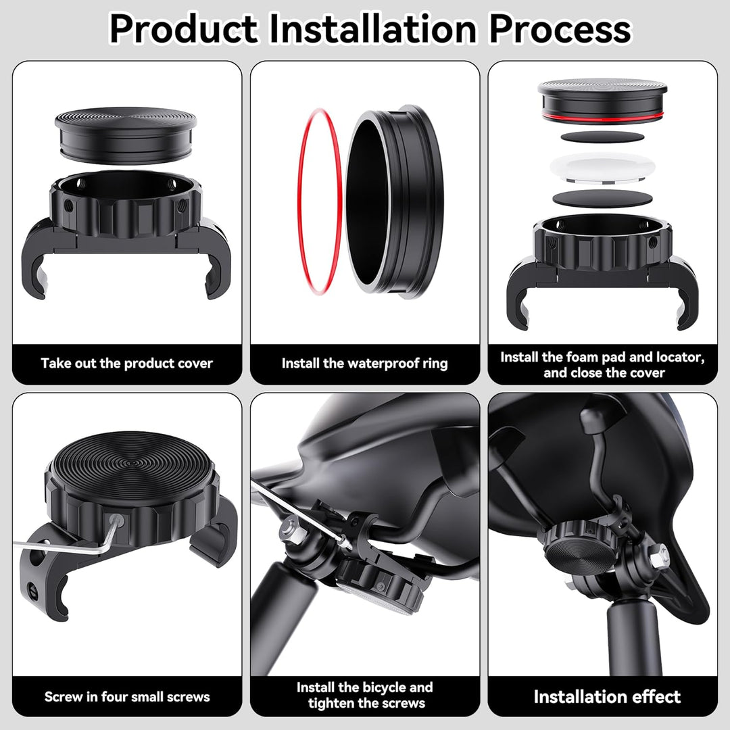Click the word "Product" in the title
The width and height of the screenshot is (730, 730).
[183, 29]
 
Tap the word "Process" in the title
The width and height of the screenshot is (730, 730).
[560, 29]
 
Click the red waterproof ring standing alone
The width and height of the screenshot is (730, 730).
[320, 201]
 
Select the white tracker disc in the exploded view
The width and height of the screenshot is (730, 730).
[602, 168]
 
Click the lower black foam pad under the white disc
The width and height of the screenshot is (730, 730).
[602, 198]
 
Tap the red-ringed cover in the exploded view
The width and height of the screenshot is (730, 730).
[602, 101]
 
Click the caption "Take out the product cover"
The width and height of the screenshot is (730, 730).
[126, 363]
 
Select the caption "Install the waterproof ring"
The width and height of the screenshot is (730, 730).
[364, 363]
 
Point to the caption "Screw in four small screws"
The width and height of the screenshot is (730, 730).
[127, 697]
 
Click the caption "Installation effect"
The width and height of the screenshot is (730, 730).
[607, 697]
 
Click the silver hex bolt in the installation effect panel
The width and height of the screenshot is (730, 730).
[660, 556]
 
